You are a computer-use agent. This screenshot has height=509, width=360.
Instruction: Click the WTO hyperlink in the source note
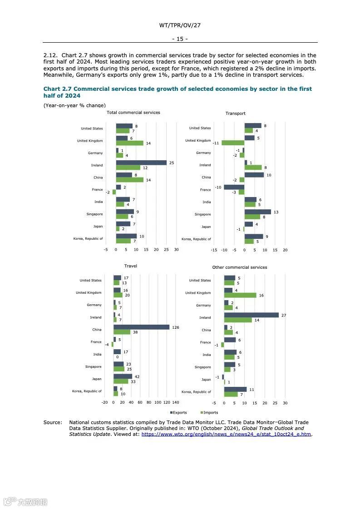tap(226, 435)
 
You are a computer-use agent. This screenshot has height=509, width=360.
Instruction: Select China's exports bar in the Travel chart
tap(141, 327)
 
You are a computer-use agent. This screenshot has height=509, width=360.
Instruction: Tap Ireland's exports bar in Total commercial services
tap(141, 163)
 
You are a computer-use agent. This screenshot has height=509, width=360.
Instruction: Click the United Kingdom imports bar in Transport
tap(233, 143)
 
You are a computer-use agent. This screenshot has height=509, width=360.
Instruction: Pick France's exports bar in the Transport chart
tap(234, 187)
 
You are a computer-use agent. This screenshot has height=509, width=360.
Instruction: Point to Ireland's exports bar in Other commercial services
tap(251, 315)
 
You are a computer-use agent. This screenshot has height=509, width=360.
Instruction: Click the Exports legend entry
tap(178, 413)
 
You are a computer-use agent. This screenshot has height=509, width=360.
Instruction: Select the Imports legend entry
tap(209, 413)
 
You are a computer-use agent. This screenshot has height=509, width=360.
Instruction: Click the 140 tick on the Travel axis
tap(176, 402)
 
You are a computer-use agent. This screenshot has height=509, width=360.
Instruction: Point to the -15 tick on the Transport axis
tap(214, 250)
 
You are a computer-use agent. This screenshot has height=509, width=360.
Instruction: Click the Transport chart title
tap(235, 114)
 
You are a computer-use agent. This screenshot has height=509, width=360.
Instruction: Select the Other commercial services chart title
tap(240, 267)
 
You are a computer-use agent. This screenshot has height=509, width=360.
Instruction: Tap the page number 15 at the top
tap(180, 39)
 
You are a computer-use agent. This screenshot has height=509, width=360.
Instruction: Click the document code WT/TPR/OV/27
tap(180, 25)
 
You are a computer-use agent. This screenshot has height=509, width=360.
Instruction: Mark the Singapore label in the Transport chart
tap(203, 214)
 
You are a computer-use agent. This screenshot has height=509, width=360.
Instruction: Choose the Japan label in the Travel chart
tap(96, 379)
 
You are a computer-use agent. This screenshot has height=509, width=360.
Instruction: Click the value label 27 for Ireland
tap(284, 315)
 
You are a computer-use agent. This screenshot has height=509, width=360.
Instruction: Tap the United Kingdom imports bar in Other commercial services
tap(240, 295)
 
